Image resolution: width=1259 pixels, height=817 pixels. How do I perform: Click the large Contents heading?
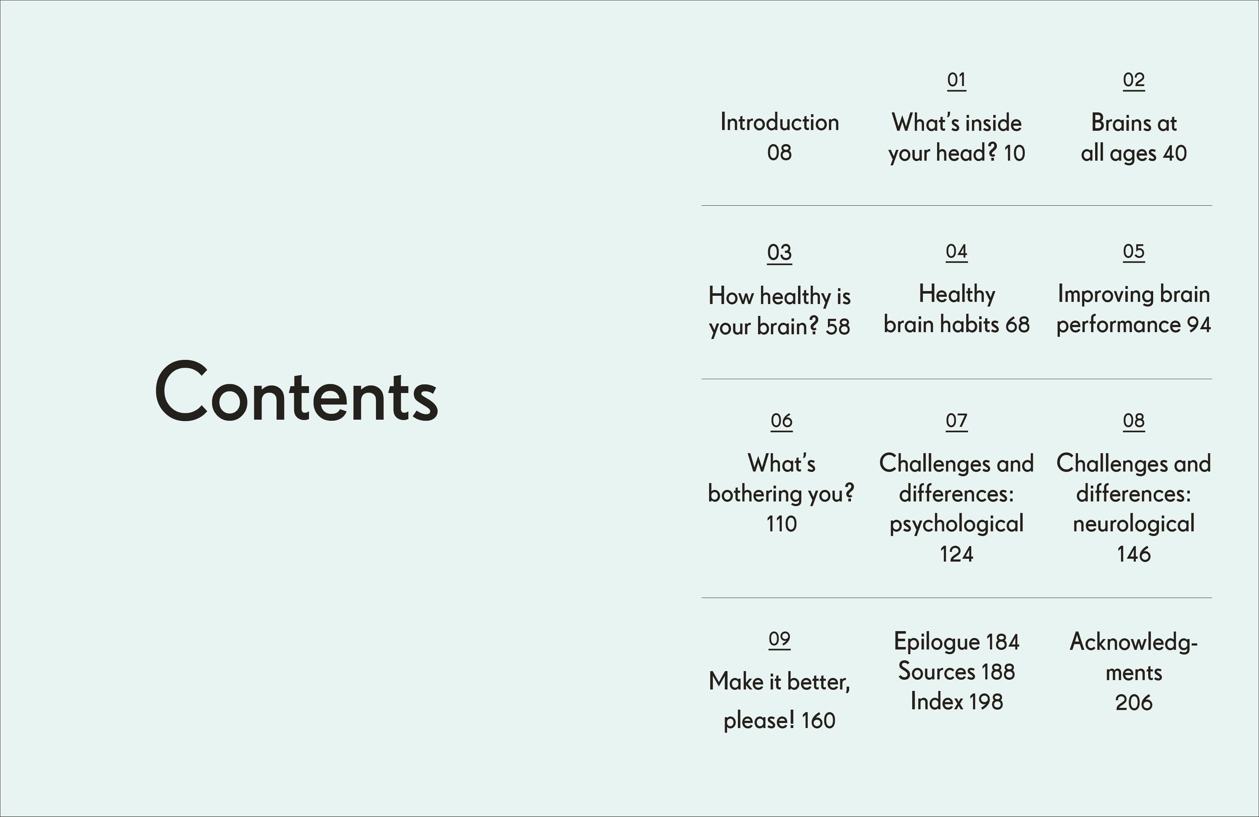click(x=296, y=393)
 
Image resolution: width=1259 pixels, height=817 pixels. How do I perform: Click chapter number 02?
click(x=1134, y=80)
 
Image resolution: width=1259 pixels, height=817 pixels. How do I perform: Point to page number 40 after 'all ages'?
click(x=1174, y=153)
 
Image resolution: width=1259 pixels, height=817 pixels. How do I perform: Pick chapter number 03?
click(x=779, y=253)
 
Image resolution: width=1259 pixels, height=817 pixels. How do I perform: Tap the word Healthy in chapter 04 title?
click(x=956, y=294)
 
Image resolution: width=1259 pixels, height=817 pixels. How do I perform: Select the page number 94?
click(x=1199, y=324)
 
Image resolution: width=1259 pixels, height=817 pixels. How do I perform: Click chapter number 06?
click(x=781, y=421)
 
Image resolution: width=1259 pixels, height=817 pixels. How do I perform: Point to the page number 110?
click(x=781, y=524)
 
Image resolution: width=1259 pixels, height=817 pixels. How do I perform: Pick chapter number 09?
click(x=779, y=639)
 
